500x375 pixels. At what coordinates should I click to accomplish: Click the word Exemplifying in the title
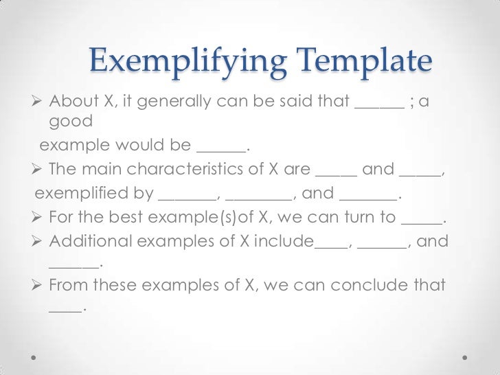186,63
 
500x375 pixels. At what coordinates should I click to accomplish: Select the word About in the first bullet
73,104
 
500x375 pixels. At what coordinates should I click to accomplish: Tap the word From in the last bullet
69,284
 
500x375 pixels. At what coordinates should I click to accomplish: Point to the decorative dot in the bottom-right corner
465,358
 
